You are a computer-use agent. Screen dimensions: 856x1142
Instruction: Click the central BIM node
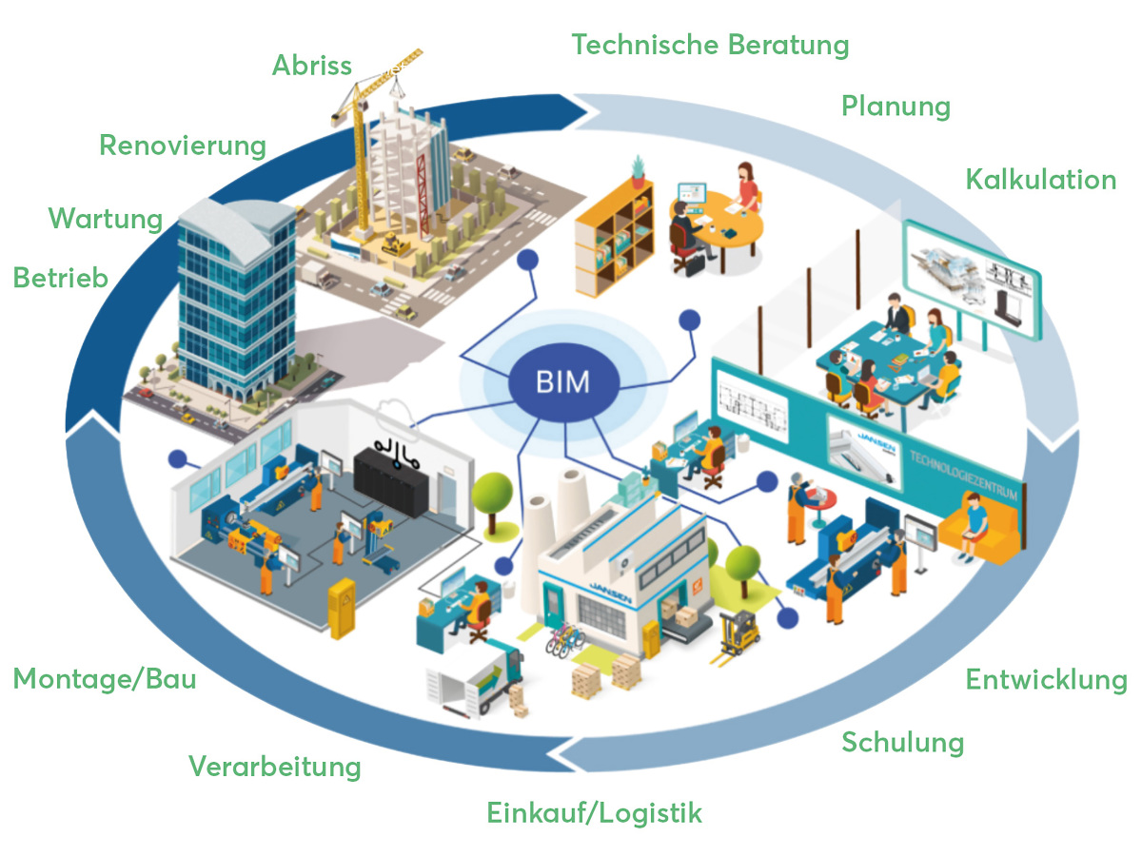click(563, 383)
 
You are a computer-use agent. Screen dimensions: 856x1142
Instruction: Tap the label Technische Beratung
click(710, 45)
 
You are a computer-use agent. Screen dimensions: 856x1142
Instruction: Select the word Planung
click(896, 106)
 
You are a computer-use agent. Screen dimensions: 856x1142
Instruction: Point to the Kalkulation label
click(1041, 180)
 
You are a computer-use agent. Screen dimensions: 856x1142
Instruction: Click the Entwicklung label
click(1046, 680)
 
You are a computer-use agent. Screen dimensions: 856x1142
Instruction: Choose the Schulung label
click(902, 742)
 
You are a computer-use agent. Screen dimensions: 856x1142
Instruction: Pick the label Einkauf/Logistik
click(595, 813)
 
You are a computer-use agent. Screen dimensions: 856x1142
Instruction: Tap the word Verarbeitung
click(275, 767)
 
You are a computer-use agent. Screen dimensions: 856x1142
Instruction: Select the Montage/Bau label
click(105, 680)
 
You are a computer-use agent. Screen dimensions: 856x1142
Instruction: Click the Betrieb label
click(61, 277)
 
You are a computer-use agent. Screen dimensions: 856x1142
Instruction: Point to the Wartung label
click(106, 219)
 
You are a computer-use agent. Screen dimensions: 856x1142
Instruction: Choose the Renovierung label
click(183, 146)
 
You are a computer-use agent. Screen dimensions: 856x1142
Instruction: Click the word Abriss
click(312, 66)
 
